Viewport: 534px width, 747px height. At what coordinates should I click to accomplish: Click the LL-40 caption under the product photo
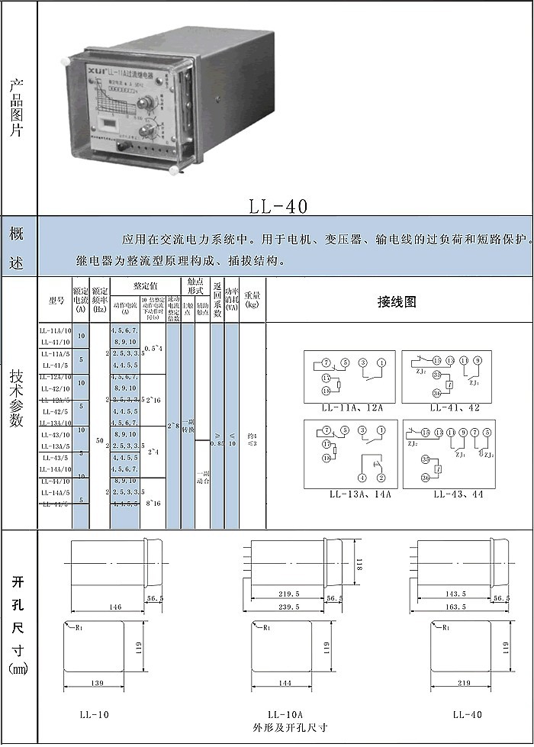[x=278, y=206]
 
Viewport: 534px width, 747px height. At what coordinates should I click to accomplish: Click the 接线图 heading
[x=397, y=301]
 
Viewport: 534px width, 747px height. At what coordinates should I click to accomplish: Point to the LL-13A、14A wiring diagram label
[x=360, y=494]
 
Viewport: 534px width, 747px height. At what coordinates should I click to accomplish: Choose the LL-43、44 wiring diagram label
[x=458, y=494]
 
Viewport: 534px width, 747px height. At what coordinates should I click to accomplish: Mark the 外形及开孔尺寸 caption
[x=290, y=727]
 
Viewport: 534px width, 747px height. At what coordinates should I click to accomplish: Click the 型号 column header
[x=56, y=300]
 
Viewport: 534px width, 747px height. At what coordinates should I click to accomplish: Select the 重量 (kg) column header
[x=252, y=299]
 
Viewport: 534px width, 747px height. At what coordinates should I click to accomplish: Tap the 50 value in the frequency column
[x=100, y=441]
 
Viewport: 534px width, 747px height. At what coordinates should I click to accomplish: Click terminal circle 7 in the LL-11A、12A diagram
[x=326, y=362]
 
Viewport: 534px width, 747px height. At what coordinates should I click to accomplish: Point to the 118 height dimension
[x=358, y=566]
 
